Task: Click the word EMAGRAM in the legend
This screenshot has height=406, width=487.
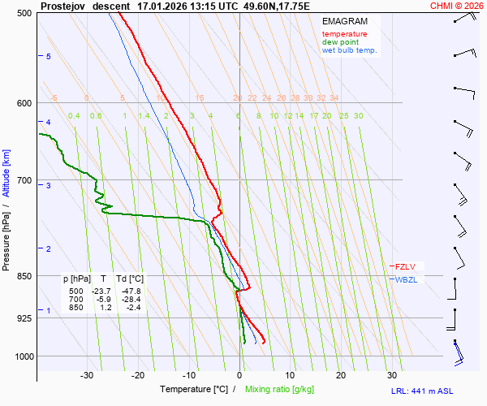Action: [x=344, y=20]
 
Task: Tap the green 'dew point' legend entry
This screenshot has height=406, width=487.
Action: [x=341, y=42]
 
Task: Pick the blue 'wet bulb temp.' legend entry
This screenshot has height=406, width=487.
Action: [x=349, y=50]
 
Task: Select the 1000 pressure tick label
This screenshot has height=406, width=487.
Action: [x=23, y=356]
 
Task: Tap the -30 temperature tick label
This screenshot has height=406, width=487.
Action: [x=87, y=375]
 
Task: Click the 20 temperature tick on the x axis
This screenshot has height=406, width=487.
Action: [x=341, y=375]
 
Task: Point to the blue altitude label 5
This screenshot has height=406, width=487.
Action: [x=49, y=56]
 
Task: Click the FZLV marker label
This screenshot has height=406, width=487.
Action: [x=406, y=266]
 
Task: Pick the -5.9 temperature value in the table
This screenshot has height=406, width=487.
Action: [x=102, y=299]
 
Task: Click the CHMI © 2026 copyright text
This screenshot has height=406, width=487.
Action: [x=457, y=6]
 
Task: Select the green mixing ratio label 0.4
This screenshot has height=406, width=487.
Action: [x=74, y=116]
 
